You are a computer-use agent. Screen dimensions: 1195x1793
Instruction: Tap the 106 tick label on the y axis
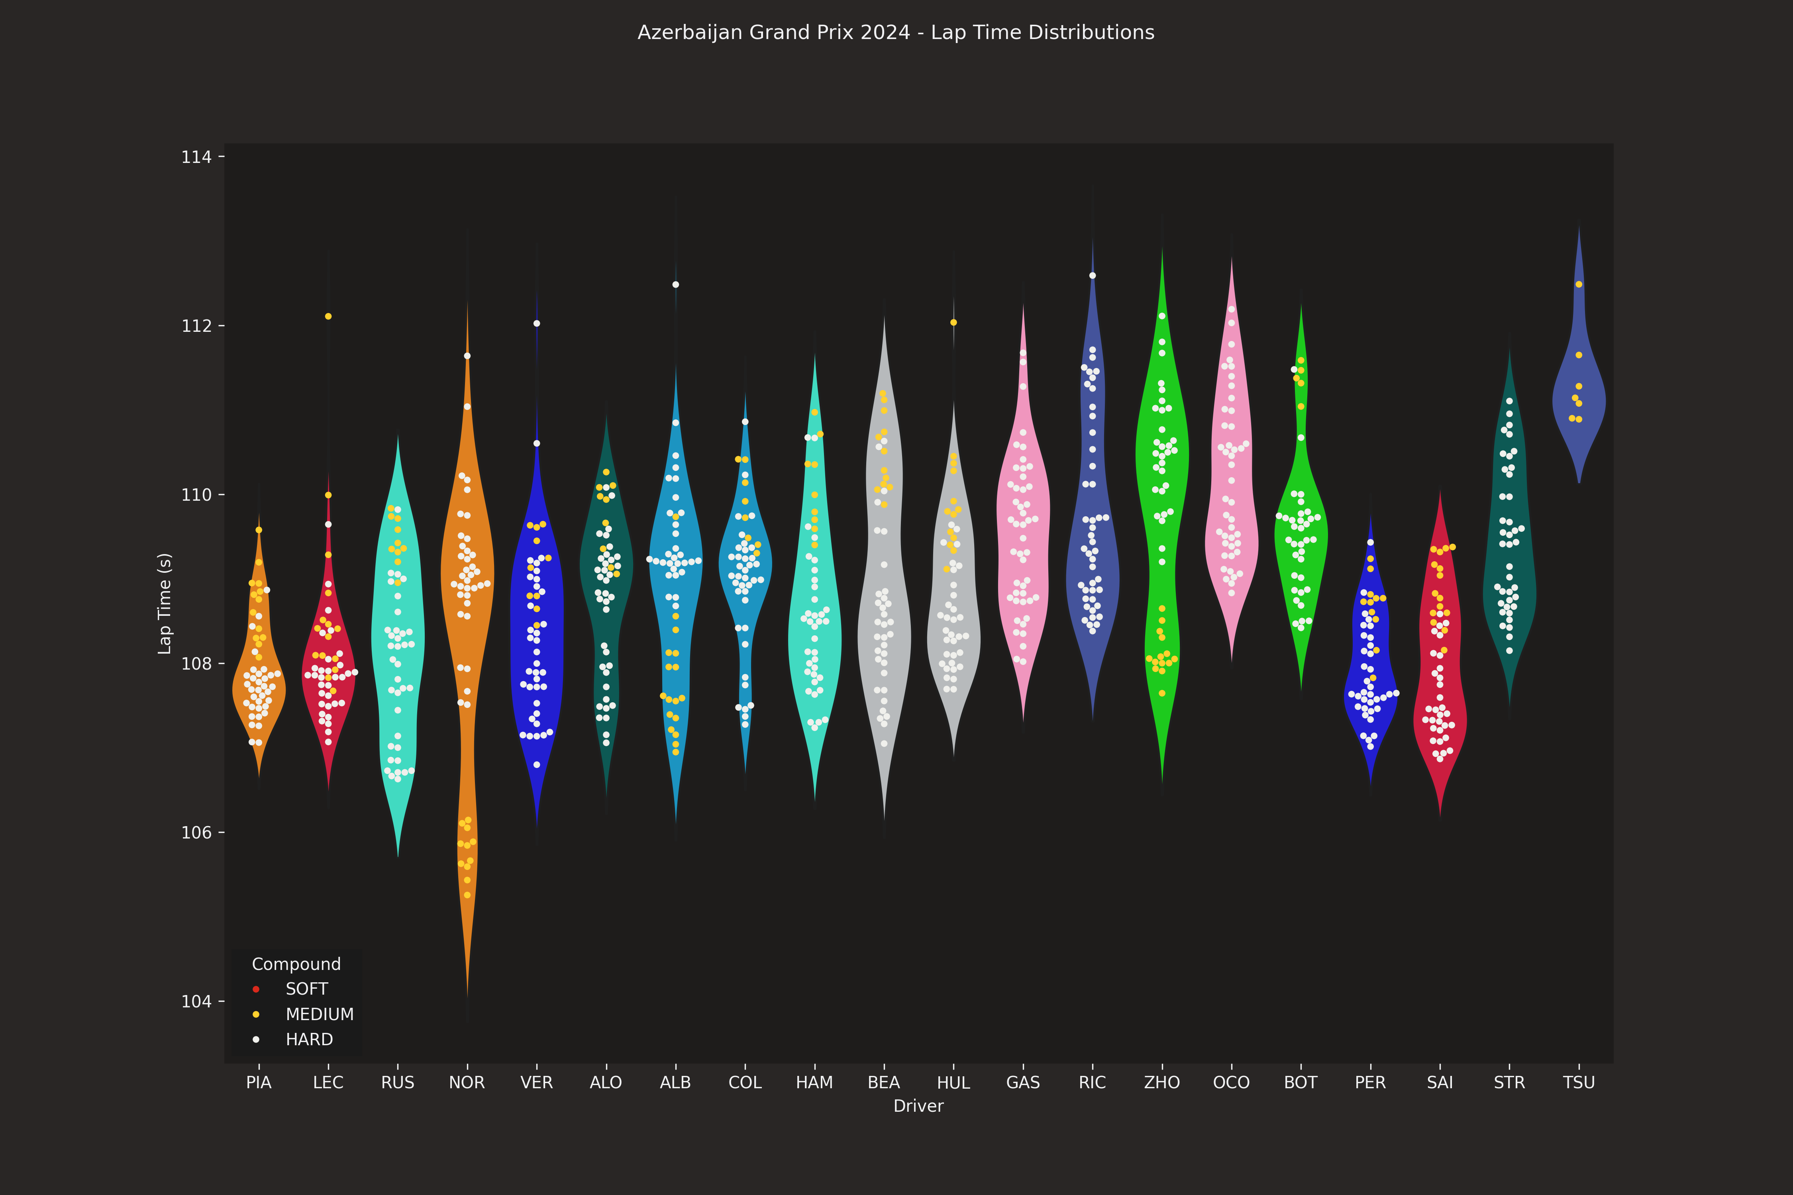196,832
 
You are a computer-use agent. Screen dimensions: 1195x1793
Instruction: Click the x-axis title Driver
918,1106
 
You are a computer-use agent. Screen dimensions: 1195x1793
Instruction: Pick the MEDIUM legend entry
320,1015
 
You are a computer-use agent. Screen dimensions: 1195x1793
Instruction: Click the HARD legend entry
309,1040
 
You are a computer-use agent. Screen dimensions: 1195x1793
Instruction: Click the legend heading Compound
296,964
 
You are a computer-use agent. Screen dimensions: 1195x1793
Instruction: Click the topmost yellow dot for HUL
953,322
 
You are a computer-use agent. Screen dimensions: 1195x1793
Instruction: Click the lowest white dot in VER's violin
537,764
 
